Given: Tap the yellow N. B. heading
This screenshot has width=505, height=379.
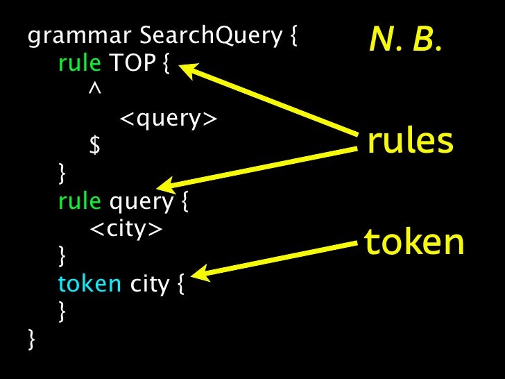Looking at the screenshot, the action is [404, 43].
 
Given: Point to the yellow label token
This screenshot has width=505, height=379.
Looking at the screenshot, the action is [413, 242].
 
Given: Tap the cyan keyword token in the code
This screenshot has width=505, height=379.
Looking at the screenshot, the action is [89, 285].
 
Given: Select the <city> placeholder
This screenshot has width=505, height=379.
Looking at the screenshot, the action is [126, 229].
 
